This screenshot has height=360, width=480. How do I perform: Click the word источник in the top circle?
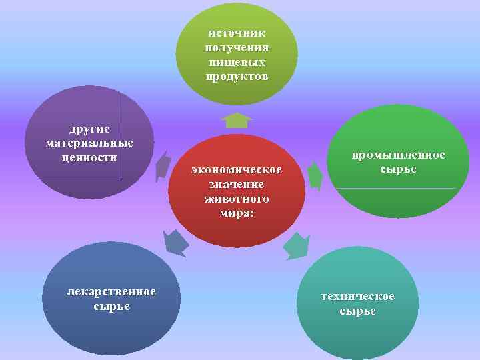coord(237,33)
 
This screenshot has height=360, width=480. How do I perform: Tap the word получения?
coord(237,48)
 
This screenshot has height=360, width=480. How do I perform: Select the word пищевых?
coord(237,62)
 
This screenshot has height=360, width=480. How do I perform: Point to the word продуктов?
coord(237,77)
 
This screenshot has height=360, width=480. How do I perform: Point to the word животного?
coord(237,199)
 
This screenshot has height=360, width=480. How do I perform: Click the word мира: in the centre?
coord(237,213)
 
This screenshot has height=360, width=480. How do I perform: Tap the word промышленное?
coord(399,155)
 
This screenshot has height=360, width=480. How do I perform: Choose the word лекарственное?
coord(112,292)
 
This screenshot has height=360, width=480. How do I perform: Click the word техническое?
coord(357,297)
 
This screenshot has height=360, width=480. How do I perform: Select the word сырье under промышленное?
coord(399,169)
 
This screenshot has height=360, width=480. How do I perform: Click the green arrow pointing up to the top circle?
coord(237,120)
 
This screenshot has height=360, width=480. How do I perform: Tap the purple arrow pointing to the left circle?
coord(162,165)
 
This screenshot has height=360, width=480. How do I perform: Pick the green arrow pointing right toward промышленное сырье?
coord(315,176)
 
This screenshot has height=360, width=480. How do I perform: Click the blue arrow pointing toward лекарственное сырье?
coord(175,243)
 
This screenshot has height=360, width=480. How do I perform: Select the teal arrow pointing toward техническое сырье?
coord(297,246)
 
